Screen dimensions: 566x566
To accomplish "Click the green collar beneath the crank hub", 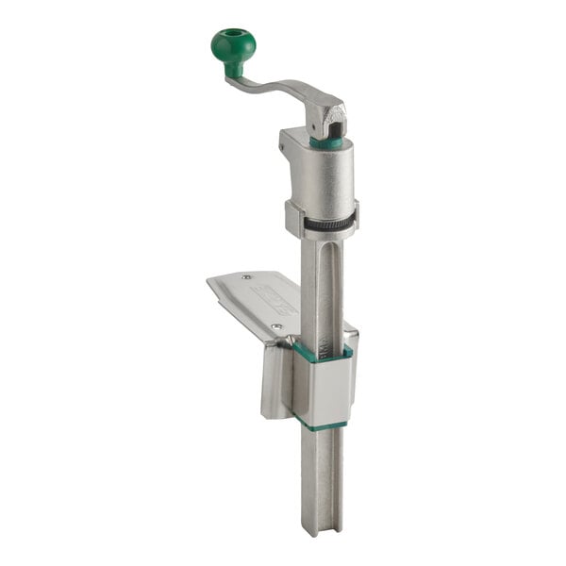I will tap(326, 143).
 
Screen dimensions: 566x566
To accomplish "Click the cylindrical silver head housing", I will tap(322, 179).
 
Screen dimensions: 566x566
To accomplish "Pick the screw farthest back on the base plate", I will tap(246, 277).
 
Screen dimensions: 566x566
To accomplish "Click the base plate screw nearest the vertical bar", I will tap(275, 326).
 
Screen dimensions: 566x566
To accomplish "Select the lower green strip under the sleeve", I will tap(321, 425).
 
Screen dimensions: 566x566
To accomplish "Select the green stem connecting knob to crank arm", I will tap(234, 69).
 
